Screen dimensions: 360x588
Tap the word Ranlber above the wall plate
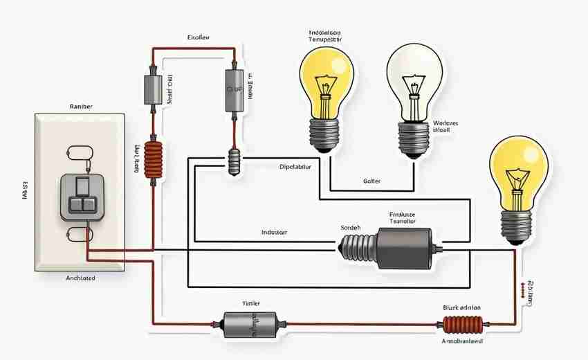pyautogui.click(x=81, y=107)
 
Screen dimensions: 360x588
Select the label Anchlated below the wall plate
pyautogui.click(x=80, y=278)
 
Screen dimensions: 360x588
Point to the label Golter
pyautogui.click(x=371, y=181)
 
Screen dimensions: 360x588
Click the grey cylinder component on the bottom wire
pyautogui.click(x=249, y=323)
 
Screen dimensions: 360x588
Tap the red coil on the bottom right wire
pyautogui.click(x=462, y=323)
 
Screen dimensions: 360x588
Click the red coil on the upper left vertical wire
pyautogui.click(x=152, y=161)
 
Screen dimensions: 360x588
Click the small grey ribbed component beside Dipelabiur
pyautogui.click(x=233, y=165)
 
